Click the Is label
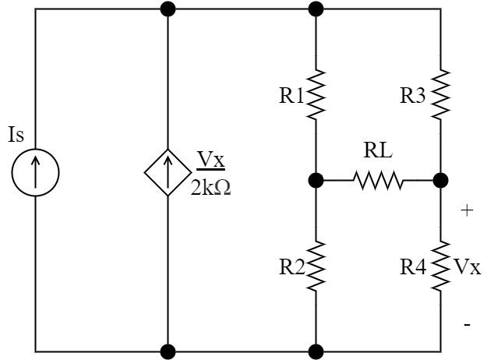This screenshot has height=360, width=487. click(x=16, y=135)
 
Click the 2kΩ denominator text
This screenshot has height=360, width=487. click(x=210, y=187)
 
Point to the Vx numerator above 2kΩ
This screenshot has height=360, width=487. click(x=210, y=160)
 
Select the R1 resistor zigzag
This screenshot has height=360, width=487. click(x=316, y=94)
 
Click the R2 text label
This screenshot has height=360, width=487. click(x=292, y=267)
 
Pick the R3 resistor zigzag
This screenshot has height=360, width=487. click(x=440, y=94)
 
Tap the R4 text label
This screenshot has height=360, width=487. click(x=413, y=267)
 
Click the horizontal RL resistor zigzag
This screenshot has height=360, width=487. click(x=378, y=181)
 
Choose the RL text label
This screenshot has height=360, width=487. click(x=378, y=151)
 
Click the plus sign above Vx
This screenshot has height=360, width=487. click(x=467, y=210)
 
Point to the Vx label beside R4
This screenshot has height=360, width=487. click(x=467, y=267)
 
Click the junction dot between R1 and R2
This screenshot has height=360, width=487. click(x=316, y=181)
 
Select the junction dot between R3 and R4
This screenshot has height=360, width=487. click(x=440, y=181)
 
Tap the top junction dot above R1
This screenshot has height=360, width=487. click(x=316, y=9)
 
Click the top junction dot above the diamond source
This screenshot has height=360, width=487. click(x=168, y=9)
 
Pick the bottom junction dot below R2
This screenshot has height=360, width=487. click(x=316, y=351)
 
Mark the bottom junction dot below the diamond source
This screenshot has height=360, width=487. click(x=168, y=351)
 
